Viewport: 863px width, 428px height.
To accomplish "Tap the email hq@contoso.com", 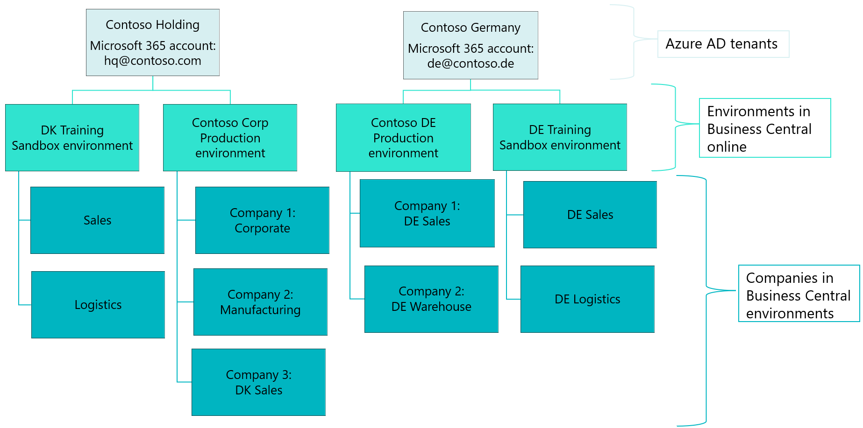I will tap(152, 61).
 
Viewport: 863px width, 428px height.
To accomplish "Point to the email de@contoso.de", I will tap(471, 64).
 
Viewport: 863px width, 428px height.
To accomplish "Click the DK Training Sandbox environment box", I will tap(72, 138).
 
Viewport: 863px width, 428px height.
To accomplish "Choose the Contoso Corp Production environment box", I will tap(230, 138).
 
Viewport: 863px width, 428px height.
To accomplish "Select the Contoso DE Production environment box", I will tap(403, 138).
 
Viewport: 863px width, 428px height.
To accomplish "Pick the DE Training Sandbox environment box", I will tap(560, 137).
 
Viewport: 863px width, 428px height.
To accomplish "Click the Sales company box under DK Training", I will tap(97, 220).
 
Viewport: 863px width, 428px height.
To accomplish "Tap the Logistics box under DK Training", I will tap(98, 305).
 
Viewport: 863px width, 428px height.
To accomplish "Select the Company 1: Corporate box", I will tap(262, 220).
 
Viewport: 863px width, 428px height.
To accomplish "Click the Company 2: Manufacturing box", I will tap(260, 302).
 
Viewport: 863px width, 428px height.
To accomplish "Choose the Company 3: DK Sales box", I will tap(258, 382).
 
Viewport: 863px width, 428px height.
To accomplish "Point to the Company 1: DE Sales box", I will tap(427, 213).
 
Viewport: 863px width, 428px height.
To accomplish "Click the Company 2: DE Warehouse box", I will tap(431, 299).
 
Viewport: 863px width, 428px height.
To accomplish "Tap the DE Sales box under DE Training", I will tap(590, 215).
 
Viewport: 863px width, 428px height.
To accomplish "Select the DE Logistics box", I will tap(587, 299).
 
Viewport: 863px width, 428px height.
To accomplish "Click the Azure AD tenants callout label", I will tap(723, 44).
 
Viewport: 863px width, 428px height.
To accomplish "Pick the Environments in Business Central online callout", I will tap(764, 128).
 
